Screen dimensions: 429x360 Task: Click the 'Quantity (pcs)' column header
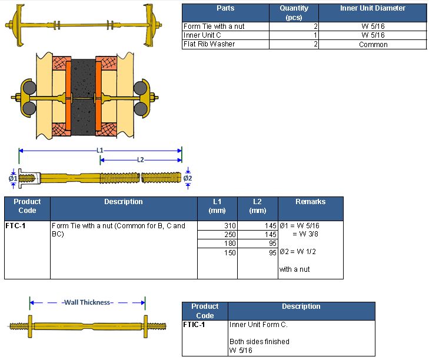(294, 12)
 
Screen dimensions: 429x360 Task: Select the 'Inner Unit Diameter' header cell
(373, 8)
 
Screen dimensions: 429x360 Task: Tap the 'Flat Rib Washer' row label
(209, 44)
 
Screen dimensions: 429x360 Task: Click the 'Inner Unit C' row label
(202, 35)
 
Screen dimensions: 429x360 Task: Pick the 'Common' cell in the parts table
(373, 45)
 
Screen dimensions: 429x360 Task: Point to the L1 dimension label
(100, 150)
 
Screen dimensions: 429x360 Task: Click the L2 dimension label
(141, 160)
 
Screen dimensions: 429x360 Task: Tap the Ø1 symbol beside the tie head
(13, 178)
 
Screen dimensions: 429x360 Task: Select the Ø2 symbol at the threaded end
(188, 178)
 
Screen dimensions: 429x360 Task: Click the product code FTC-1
(15, 226)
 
